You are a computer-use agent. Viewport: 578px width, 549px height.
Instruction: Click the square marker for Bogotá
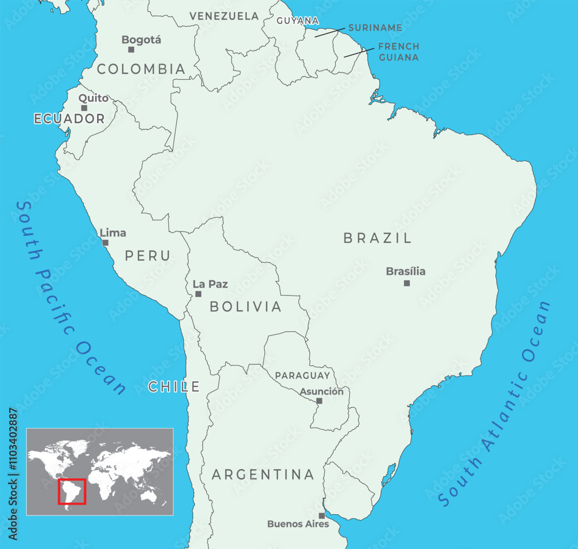tap(131, 50)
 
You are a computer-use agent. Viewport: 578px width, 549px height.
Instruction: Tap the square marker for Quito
tap(84, 108)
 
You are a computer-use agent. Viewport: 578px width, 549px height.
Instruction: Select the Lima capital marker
tap(105, 243)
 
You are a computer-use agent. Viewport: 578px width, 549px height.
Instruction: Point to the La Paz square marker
tap(198, 294)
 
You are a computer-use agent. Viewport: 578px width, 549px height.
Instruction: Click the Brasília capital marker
tap(407, 283)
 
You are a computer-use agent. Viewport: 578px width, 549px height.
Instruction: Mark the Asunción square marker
tap(319, 401)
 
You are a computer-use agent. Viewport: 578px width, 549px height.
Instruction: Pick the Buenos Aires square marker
tap(322, 515)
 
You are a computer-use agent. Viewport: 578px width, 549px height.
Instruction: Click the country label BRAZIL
tap(377, 238)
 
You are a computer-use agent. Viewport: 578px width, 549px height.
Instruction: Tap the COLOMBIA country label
tap(141, 69)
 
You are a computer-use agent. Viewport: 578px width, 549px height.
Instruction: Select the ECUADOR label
tap(69, 119)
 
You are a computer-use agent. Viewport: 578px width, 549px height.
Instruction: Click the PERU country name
tap(148, 256)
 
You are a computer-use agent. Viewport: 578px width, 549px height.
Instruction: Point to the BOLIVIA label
tap(246, 307)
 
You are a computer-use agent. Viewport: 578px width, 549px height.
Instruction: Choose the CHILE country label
tap(174, 387)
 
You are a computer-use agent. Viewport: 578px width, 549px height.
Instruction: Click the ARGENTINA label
tap(263, 475)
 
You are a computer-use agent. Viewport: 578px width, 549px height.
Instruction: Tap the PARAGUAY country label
tap(302, 375)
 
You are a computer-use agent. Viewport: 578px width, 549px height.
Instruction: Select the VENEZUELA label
tap(224, 16)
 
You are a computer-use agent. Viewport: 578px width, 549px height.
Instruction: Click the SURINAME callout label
tap(375, 28)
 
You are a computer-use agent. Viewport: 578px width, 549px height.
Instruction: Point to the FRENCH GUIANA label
tap(399, 51)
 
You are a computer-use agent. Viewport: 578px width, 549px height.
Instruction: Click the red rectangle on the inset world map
tap(72, 491)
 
